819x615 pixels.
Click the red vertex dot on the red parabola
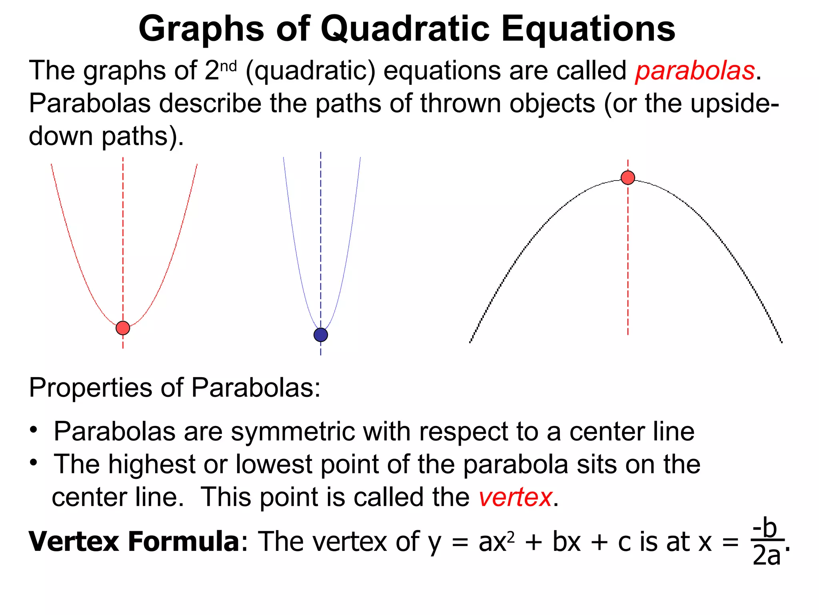(123, 328)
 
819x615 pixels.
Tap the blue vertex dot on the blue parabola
(321, 335)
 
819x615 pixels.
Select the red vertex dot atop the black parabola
(628, 177)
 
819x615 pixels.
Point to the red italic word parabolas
(695, 71)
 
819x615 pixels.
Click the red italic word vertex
(515, 497)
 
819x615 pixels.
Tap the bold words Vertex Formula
(134, 541)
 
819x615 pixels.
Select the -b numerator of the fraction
(765, 528)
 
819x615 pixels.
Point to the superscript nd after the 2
(228, 66)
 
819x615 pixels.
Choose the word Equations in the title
(588, 29)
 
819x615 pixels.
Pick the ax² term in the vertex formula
(496, 542)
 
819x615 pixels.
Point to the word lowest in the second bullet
(274, 464)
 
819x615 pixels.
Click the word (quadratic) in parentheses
(311, 71)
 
